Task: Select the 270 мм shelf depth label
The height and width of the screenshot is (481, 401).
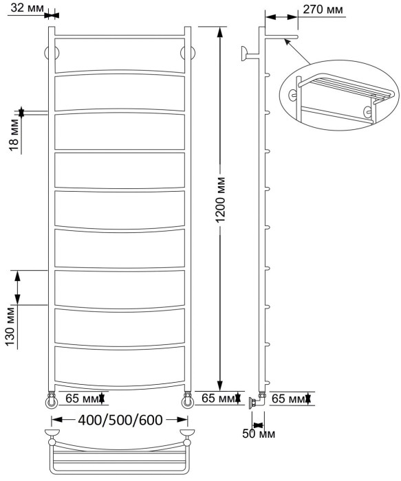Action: tap(323, 10)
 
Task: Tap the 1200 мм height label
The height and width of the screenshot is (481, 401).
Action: tap(220, 206)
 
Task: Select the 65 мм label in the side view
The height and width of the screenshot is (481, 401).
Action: tap(288, 399)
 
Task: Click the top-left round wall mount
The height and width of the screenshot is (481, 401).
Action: tap(50, 53)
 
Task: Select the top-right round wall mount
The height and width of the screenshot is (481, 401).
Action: tap(186, 53)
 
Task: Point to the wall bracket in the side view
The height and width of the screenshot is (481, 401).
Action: tap(245, 53)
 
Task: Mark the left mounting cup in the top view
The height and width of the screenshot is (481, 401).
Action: tap(51, 434)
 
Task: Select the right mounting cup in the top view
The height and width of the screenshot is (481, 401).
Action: tap(186, 434)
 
